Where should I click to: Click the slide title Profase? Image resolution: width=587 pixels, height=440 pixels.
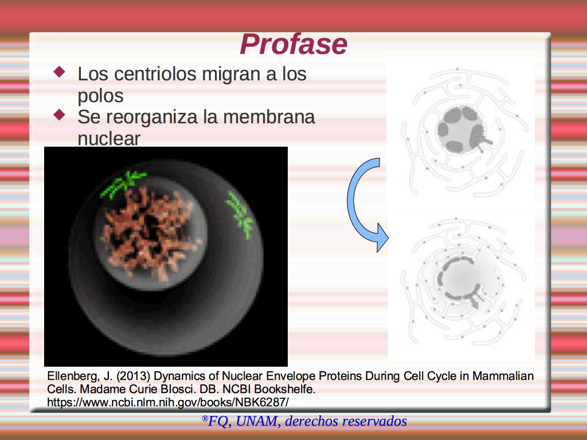tap(293, 44)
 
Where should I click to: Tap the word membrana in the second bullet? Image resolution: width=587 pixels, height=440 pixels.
tap(269, 117)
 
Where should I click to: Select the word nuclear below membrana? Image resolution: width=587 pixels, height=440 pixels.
tap(109, 139)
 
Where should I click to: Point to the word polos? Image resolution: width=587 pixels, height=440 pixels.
tap(100, 96)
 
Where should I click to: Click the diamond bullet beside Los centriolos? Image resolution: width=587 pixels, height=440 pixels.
tap(59, 72)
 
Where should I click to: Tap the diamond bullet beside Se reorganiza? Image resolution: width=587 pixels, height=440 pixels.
tap(59, 115)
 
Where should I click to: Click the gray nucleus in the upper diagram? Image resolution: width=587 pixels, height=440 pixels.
tap(460, 129)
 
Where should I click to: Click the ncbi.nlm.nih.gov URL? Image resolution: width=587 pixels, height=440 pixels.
tap(168, 402)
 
